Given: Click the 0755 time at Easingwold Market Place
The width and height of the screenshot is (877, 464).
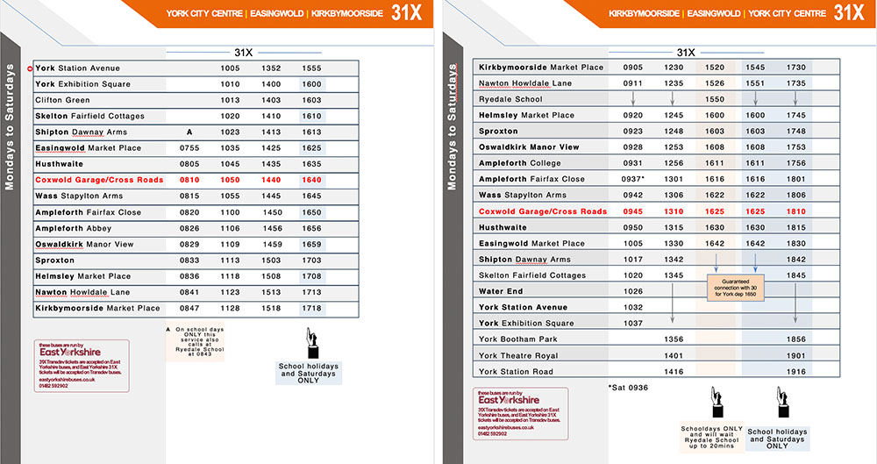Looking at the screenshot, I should coord(189,148).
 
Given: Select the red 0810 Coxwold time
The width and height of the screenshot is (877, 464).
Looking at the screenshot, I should coord(189,180).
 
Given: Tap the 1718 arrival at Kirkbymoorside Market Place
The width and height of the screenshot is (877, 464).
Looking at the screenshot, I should coord(311,308).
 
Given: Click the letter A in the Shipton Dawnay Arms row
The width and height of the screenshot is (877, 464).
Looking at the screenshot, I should coord(189,132).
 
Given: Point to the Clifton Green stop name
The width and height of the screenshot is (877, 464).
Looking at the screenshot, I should coord(62,100).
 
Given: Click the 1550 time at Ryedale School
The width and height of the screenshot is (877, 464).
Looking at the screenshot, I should coord(715,99).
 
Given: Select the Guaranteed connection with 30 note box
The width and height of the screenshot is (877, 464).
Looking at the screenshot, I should coord(735,286).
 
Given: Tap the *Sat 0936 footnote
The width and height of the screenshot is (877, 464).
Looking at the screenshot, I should coord(628,387).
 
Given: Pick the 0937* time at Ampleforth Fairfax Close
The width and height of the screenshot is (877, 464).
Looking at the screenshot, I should coord(634,179).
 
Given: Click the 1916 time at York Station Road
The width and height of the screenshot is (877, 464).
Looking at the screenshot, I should coord(796,372).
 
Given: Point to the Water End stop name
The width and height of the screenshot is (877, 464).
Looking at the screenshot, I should coord(501,291).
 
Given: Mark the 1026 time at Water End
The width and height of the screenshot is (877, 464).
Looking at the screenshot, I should coord(632,291).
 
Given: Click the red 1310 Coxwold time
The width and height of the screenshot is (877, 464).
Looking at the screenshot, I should coord(674,211).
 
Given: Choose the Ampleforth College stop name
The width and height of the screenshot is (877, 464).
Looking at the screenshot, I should coord(519,163).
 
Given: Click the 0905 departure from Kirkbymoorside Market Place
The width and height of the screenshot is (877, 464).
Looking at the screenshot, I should coord(632,68).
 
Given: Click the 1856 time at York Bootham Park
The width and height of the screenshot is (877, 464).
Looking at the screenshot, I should coord(796,339).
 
